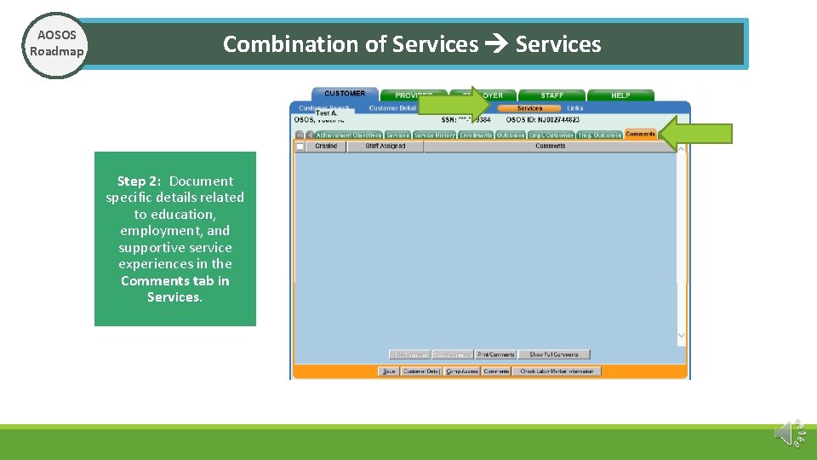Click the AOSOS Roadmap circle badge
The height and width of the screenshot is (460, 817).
tap(56, 44)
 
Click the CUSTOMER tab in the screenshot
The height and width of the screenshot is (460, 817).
tap(345, 94)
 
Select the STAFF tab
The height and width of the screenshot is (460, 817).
tap(551, 95)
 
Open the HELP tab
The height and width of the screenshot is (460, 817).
tap(620, 95)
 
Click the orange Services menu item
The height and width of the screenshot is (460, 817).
tap(529, 108)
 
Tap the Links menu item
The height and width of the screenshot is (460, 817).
tap(575, 108)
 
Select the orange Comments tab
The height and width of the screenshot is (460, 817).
tap(640, 135)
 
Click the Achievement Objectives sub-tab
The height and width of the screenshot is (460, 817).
tap(349, 135)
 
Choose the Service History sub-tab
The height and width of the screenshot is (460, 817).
tap(434, 135)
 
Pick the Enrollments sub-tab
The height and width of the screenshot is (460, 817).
tap(476, 135)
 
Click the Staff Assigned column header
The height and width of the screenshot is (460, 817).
tap(385, 147)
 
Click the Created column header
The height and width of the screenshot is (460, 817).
tap(326, 147)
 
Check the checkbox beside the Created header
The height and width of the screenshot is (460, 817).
tap(300, 147)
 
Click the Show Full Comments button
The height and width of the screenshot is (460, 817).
tap(553, 354)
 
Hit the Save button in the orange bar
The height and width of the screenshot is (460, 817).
tap(388, 371)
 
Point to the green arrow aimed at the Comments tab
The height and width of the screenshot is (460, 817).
tap(697, 134)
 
